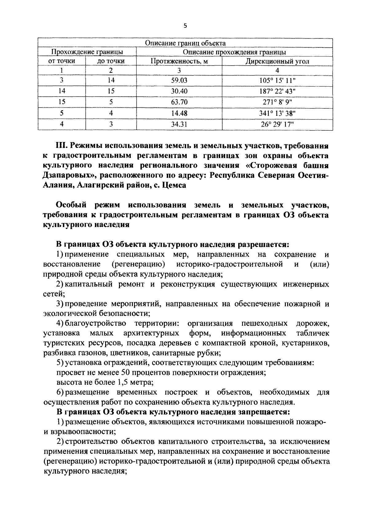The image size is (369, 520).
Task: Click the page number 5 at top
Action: point(185,26)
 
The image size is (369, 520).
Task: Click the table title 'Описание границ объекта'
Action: point(185,43)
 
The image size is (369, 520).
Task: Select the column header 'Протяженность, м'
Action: point(179,61)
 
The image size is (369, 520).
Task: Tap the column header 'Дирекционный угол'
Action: point(277,61)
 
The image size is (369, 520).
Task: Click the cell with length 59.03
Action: point(179,80)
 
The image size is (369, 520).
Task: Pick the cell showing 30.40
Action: point(179,91)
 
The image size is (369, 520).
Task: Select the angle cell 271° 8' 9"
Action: point(277,102)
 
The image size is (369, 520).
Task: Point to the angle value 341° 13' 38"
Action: point(277,113)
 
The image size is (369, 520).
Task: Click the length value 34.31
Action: point(179,124)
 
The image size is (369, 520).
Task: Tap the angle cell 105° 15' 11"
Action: point(277,80)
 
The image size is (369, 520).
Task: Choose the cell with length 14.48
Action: point(179,113)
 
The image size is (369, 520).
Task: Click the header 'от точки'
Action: point(62,61)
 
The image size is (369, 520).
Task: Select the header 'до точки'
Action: point(111,61)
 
